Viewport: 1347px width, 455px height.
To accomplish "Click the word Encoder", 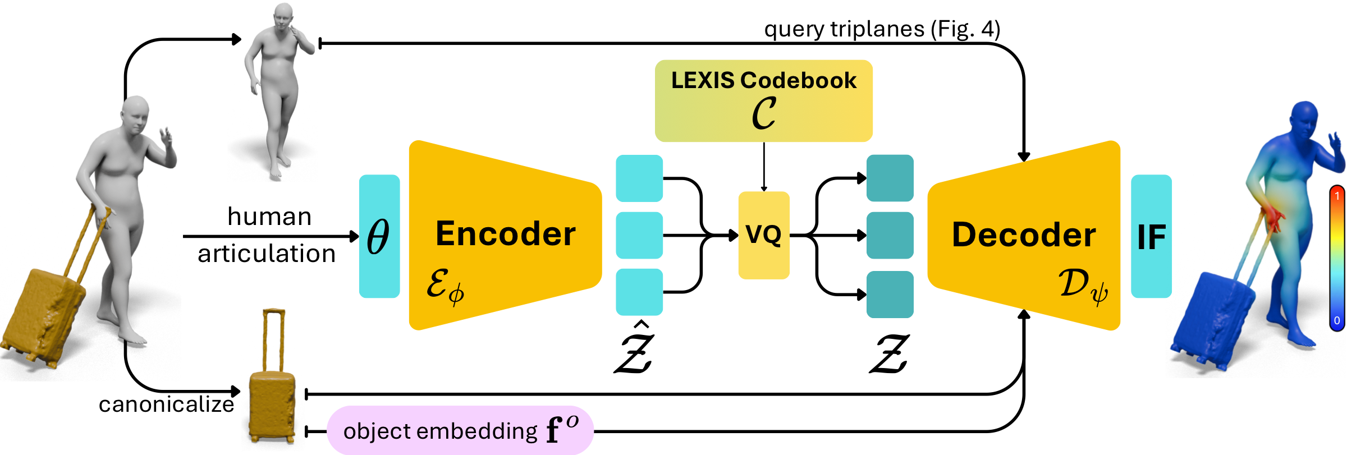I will (x=505, y=234).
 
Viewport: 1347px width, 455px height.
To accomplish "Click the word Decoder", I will (x=1024, y=235).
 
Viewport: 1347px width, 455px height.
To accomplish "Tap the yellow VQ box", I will (x=763, y=235).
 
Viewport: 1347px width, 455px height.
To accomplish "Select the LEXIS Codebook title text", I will (x=763, y=81).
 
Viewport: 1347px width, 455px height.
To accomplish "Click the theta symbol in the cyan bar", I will (x=378, y=236).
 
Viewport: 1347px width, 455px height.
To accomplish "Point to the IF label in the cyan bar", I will (x=1151, y=237).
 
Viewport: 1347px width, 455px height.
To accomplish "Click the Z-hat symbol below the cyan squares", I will (x=635, y=351).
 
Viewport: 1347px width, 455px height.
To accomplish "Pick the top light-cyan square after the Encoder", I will (x=639, y=178).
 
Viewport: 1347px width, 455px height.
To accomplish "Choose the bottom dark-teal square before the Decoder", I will (x=890, y=294).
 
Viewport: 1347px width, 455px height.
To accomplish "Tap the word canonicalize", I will (x=166, y=405).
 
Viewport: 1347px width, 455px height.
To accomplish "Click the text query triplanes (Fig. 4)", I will (x=882, y=29).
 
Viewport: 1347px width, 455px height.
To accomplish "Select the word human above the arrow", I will (x=269, y=217).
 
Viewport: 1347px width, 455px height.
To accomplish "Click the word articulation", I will (x=267, y=254).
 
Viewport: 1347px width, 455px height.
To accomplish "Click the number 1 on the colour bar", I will (x=1337, y=196).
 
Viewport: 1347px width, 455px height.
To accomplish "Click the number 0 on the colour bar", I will (x=1337, y=320).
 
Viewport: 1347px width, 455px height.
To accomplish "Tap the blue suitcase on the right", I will (x=1212, y=320).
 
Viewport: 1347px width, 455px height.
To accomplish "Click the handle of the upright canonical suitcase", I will (x=273, y=337).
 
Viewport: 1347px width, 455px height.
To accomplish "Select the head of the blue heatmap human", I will (x=1305, y=118).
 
